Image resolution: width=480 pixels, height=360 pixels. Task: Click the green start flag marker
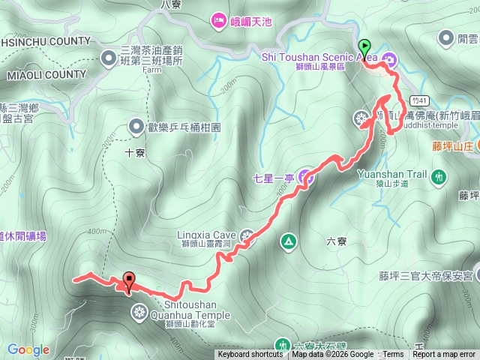coord(364,46)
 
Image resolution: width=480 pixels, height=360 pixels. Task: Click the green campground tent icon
coord(287,241)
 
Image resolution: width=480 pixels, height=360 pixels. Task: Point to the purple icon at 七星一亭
coord(305,177)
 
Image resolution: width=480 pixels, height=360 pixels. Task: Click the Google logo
coord(28,349)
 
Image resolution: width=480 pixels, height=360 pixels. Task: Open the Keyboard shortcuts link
coord(250,355)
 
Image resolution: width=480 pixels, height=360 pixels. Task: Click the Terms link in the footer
coord(393,355)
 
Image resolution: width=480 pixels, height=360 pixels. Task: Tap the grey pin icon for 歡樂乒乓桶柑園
coord(137,126)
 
